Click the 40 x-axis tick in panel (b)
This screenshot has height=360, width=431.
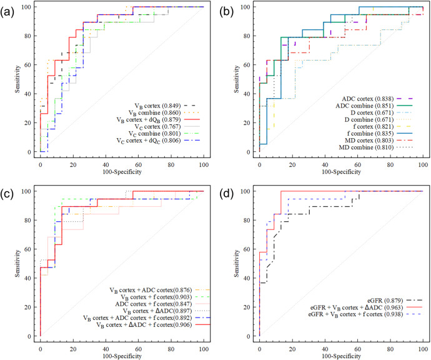[324, 161]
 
